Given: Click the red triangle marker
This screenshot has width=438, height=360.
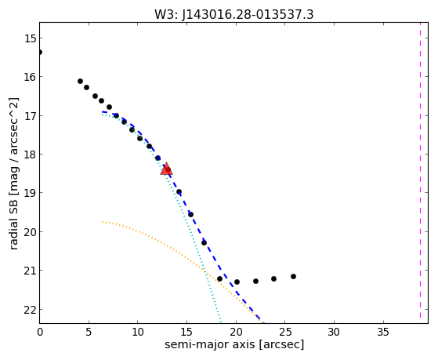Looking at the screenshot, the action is click(166, 169).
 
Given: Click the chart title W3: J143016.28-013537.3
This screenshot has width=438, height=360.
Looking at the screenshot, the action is click(234, 15).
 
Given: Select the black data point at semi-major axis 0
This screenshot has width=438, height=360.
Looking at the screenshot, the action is click(40, 52).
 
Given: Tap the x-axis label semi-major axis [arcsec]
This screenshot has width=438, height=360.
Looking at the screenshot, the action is click(234, 344).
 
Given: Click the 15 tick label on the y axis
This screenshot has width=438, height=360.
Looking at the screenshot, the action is click(30, 38).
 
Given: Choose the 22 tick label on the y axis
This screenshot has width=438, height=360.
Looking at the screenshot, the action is click(30, 309).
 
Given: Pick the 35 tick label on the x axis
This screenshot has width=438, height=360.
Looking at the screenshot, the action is click(383, 332).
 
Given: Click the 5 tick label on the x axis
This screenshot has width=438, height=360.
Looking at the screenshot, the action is click(89, 332).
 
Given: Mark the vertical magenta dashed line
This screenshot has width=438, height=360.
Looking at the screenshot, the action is click(420, 170).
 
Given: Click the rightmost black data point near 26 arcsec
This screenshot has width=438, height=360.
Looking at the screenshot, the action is click(293, 276).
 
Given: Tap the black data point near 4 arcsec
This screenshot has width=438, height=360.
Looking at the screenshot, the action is click(80, 81).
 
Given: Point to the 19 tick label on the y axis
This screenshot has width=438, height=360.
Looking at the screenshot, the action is click(30, 192).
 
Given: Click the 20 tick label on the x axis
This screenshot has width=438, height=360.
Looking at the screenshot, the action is click(236, 332).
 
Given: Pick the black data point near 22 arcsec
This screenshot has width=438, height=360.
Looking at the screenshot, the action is click(255, 281).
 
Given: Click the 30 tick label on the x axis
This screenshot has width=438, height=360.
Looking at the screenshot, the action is click(334, 332).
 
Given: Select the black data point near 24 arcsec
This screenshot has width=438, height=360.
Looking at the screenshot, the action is click(273, 278).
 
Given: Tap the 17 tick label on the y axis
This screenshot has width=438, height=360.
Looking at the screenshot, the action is click(30, 115).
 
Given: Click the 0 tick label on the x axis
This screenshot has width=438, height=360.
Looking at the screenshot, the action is click(40, 332).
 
